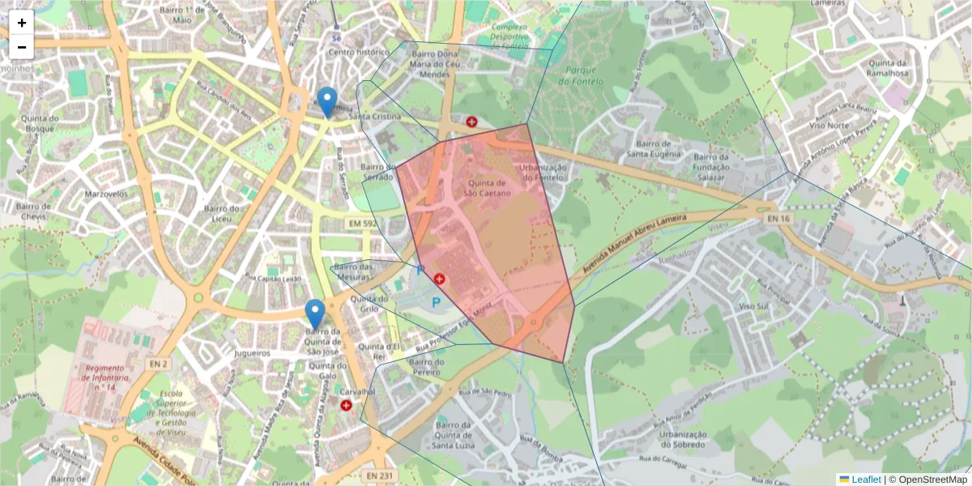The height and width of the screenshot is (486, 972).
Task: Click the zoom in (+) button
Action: pyautogui.click(x=22, y=23)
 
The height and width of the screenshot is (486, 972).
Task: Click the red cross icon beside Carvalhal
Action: pyautogui.click(x=347, y=405)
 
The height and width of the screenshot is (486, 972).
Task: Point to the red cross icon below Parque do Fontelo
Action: pyautogui.click(x=471, y=122)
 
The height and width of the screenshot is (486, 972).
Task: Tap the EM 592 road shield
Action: pyautogui.click(x=362, y=223)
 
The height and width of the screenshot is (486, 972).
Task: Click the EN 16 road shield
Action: pyautogui.click(x=778, y=219)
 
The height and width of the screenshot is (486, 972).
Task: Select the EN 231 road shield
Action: pyautogui.click(x=378, y=475)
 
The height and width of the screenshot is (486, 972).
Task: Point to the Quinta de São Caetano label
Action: pyautogui.click(x=487, y=188)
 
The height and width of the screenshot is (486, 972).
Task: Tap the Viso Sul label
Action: pyautogui.click(x=753, y=306)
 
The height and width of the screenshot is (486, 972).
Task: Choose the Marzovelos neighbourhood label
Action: pyautogui.click(x=106, y=194)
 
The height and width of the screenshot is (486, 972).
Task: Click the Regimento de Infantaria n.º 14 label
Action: pyautogui.click(x=104, y=377)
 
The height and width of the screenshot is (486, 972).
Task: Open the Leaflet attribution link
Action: pyautogui.click(x=866, y=480)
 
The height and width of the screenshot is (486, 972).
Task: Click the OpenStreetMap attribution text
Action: pyautogui.click(x=932, y=480)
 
